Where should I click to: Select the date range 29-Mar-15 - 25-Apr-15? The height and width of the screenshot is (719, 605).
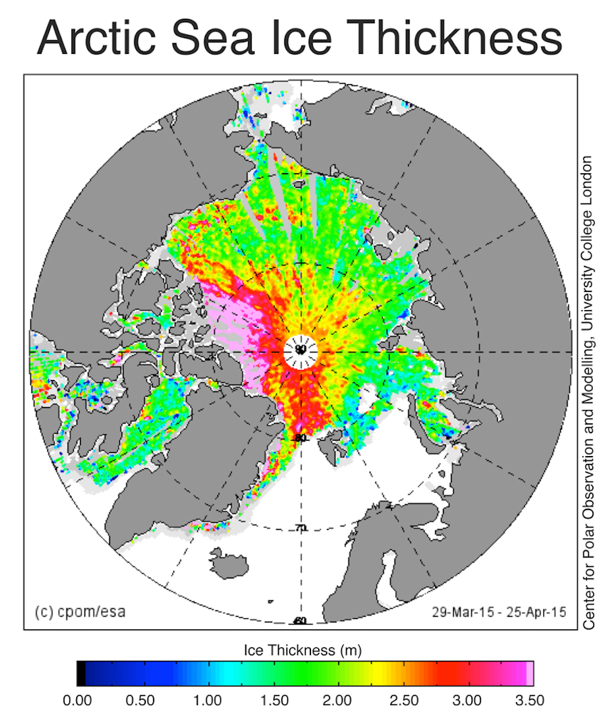pos(499,612)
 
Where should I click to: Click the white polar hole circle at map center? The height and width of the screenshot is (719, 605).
pos(301,351)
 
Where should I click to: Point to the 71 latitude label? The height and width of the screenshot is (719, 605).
pos(301,528)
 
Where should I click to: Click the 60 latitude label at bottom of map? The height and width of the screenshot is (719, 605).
pos(299,621)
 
